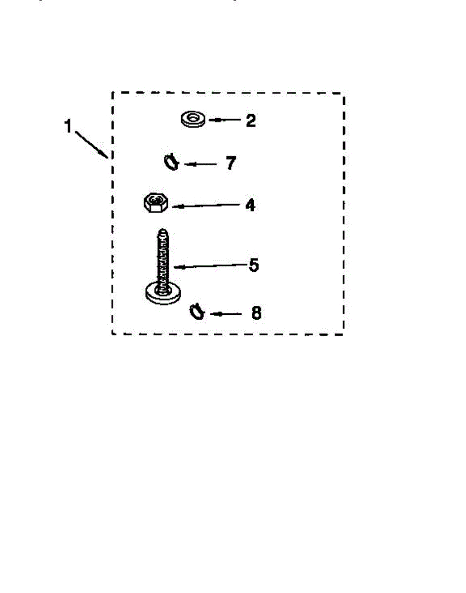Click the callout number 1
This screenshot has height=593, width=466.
pyautogui.click(x=68, y=126)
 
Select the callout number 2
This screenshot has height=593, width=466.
pyautogui.click(x=251, y=121)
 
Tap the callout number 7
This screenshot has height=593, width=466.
pyautogui.click(x=231, y=163)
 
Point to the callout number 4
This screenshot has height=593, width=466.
pyautogui.click(x=250, y=205)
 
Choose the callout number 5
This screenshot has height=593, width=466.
pyautogui.click(x=254, y=265)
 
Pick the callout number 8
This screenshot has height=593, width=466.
pyautogui.click(x=256, y=313)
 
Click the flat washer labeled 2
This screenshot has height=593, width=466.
pyautogui.click(x=193, y=119)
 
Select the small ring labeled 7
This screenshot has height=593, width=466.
pyautogui.click(x=171, y=163)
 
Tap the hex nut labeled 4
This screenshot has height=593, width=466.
pyautogui.click(x=156, y=203)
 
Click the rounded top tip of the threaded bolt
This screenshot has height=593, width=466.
pyautogui.click(x=163, y=231)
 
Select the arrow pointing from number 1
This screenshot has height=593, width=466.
pyautogui.click(x=92, y=145)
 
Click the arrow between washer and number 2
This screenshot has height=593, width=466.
pyautogui.click(x=225, y=120)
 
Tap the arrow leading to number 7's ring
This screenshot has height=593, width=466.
pyautogui.click(x=200, y=164)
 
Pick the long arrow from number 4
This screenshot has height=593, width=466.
pyautogui.click(x=206, y=206)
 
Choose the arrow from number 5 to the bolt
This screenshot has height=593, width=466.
pyautogui.click(x=210, y=266)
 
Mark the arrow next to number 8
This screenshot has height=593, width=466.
pyautogui.click(x=226, y=314)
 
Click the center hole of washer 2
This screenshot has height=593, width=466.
pyautogui.click(x=193, y=118)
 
